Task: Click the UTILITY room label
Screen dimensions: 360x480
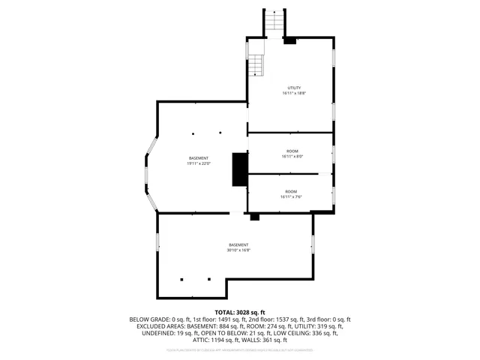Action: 294,88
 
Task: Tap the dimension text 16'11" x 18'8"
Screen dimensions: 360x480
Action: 294,94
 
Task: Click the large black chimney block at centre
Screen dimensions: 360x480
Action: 240,169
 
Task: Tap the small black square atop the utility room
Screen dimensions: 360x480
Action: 290,40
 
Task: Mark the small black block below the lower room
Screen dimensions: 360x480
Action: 254,217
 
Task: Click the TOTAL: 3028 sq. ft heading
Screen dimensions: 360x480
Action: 240,312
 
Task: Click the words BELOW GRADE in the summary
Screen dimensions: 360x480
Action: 149,319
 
